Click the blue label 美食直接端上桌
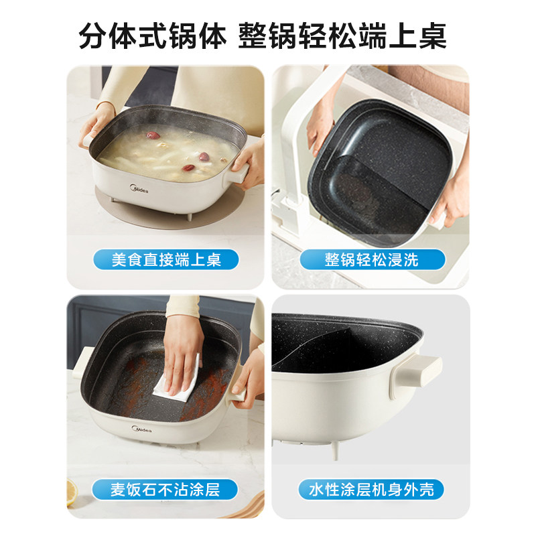(166, 259)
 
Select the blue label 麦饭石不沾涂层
(165, 489)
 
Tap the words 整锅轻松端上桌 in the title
(342, 35)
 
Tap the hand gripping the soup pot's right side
(248, 161)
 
